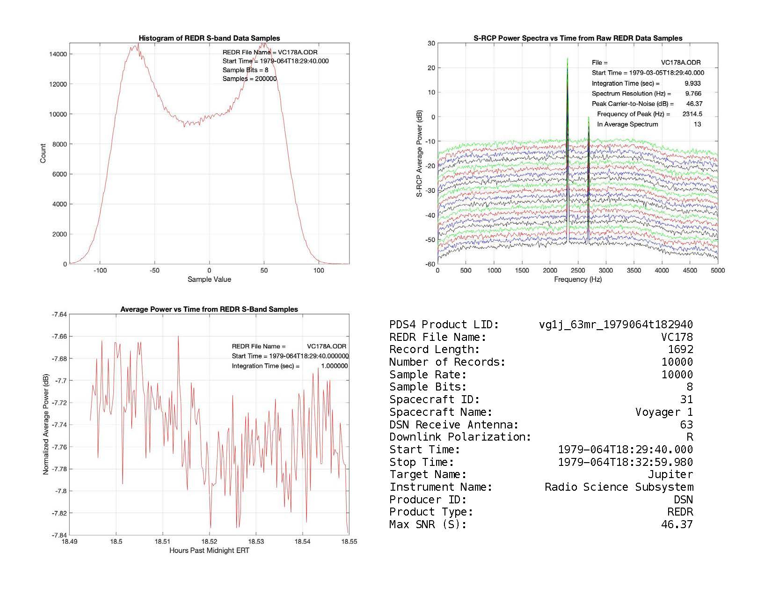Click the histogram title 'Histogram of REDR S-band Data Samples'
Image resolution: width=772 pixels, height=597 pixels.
tap(209, 38)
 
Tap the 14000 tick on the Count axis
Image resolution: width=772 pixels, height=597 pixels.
tap(58, 54)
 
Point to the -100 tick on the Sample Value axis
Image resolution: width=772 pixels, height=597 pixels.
tap(100, 270)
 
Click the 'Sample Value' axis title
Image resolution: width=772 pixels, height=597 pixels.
tap(209, 280)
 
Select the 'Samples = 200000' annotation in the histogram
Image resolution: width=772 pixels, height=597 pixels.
tap(249, 79)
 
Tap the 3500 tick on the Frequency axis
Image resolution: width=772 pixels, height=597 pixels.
tap(634, 270)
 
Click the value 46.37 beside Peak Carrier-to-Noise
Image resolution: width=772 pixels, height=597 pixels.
tap(693, 103)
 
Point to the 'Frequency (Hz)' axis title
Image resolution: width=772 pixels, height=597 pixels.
tap(578, 280)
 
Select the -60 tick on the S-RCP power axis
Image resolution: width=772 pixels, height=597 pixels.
tap(430, 264)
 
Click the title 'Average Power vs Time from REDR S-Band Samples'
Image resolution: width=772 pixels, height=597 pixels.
tap(209, 309)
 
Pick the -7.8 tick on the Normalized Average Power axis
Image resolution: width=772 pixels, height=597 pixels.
tap(60, 491)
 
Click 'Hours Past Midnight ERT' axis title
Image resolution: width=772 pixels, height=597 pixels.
tap(209, 551)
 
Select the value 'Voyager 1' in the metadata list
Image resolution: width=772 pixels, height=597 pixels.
tap(664, 412)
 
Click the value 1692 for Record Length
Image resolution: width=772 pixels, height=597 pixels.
tap(680, 349)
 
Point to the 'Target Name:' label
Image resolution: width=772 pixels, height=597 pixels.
tap(428, 474)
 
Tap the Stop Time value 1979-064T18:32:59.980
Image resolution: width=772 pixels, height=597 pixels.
tap(625, 462)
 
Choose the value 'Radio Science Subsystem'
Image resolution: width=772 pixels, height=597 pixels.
tap(619, 487)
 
